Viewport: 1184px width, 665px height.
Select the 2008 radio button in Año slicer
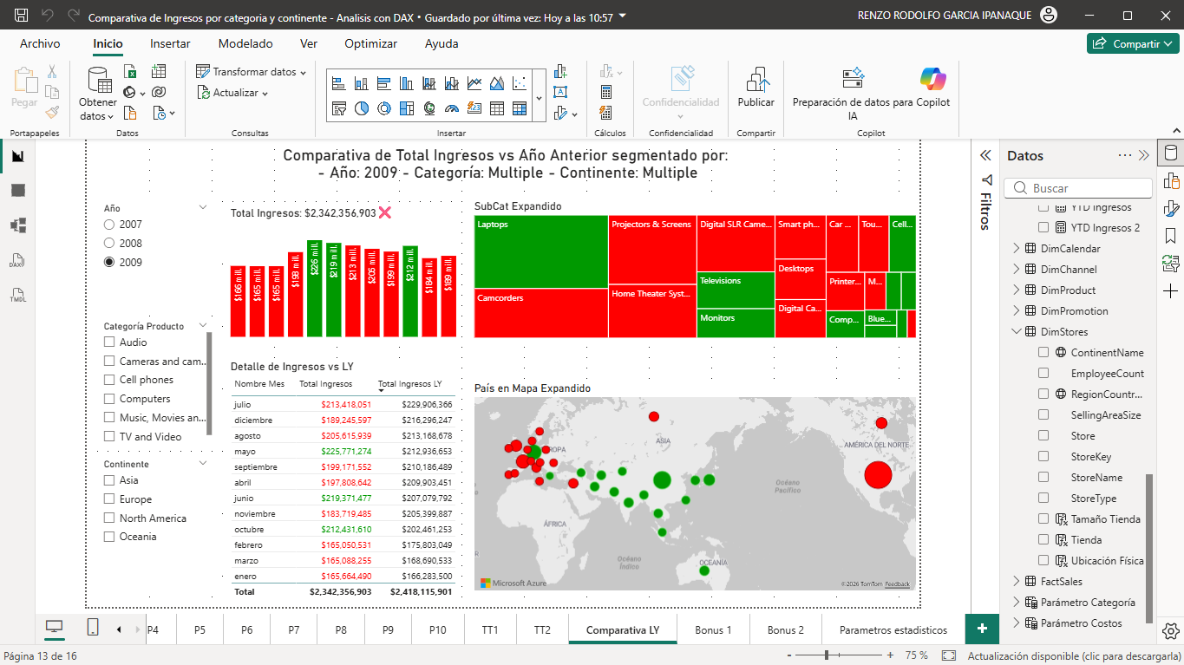pyautogui.click(x=109, y=244)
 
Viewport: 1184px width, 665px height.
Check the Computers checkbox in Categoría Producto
pyautogui.click(x=109, y=399)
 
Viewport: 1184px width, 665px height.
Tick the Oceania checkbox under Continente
pyautogui.click(x=109, y=537)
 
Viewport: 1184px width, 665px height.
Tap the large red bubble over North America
pyautogui.click(x=877, y=475)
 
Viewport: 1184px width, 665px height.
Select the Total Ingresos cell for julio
pyautogui.click(x=346, y=405)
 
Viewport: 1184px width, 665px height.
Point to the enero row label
pyautogui.click(x=245, y=577)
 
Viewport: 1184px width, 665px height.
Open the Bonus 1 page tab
pyautogui.click(x=713, y=630)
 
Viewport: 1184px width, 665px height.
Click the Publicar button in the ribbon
pyautogui.click(x=756, y=89)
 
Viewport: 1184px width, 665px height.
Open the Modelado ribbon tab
pyautogui.click(x=245, y=43)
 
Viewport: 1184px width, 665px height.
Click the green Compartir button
pyautogui.click(x=1133, y=43)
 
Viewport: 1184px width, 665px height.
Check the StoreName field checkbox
pyautogui.click(x=1044, y=478)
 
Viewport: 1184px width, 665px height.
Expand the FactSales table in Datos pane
pyautogui.click(x=1017, y=582)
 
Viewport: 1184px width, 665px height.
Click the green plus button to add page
pyautogui.click(x=982, y=629)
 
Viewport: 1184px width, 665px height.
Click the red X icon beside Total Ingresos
pyautogui.click(x=385, y=212)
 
